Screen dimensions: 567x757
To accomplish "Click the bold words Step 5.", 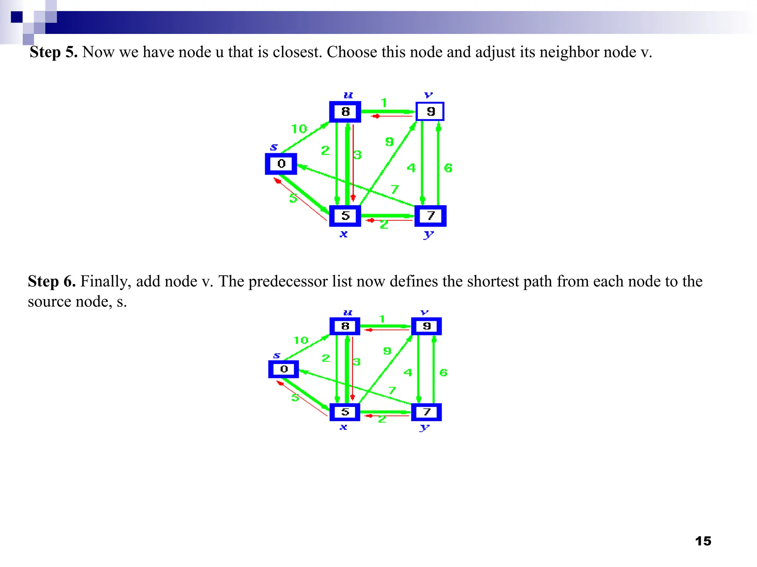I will pos(54,52).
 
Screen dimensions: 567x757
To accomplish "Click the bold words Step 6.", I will pos(52,281).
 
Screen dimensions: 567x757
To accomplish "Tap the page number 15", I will pos(703,541).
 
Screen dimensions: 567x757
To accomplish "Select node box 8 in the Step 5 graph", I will pos(345,111).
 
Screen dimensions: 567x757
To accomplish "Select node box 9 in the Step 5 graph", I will pos(430,111).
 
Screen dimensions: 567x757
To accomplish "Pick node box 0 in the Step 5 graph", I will pos(281,164).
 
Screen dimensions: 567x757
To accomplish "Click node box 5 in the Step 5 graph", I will pos(345,216).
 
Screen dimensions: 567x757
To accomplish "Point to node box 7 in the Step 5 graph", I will pos(431,216).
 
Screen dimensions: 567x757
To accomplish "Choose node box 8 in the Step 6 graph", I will pos(345,326).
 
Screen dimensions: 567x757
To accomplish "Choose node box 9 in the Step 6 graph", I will pos(427,326).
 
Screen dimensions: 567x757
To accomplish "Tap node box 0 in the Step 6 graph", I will pos(284,369).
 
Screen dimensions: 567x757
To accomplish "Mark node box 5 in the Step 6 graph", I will pos(345,412).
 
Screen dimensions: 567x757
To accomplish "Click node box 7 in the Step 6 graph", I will pos(427,412).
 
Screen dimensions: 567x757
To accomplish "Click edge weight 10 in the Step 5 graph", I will pos(299,129).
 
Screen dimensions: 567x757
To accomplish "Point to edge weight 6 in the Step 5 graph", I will pos(448,168).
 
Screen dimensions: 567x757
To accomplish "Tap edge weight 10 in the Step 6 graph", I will pos(301,340).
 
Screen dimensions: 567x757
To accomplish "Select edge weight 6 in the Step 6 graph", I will pos(444,373).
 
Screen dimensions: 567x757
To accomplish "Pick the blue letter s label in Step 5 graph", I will pos(274,147).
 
